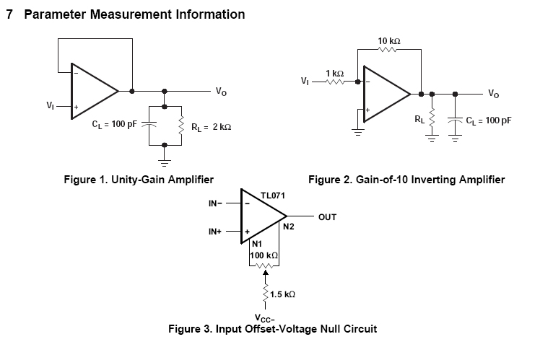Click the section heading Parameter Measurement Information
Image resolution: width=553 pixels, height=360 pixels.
pyautogui.click(x=134, y=14)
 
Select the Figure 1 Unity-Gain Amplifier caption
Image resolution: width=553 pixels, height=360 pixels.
pyautogui.click(x=139, y=179)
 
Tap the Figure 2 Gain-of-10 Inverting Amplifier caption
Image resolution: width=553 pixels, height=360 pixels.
pyautogui.click(x=406, y=179)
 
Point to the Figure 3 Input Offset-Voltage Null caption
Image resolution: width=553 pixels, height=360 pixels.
pyautogui.click(x=272, y=329)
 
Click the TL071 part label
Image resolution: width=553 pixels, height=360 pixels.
pyautogui.click(x=273, y=195)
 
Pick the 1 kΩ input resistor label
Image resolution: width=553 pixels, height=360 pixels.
pyautogui.click(x=334, y=74)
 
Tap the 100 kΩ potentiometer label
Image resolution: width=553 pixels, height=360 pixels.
pyautogui.click(x=264, y=256)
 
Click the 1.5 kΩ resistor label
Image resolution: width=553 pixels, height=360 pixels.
pyautogui.click(x=282, y=295)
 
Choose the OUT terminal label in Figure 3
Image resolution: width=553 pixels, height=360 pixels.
pyautogui.click(x=327, y=216)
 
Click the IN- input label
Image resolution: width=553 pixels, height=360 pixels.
pyautogui.click(x=217, y=203)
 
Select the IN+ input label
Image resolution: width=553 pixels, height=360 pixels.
pyautogui.click(x=217, y=232)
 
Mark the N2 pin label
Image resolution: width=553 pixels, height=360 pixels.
pyautogui.click(x=288, y=227)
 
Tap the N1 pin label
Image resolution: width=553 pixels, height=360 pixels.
pyautogui.click(x=257, y=245)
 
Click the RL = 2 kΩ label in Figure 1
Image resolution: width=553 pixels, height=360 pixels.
pyautogui.click(x=211, y=127)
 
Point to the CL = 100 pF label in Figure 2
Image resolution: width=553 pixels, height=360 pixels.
pyautogui.click(x=488, y=120)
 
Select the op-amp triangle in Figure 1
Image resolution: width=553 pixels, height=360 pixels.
pyautogui.click(x=92, y=92)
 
